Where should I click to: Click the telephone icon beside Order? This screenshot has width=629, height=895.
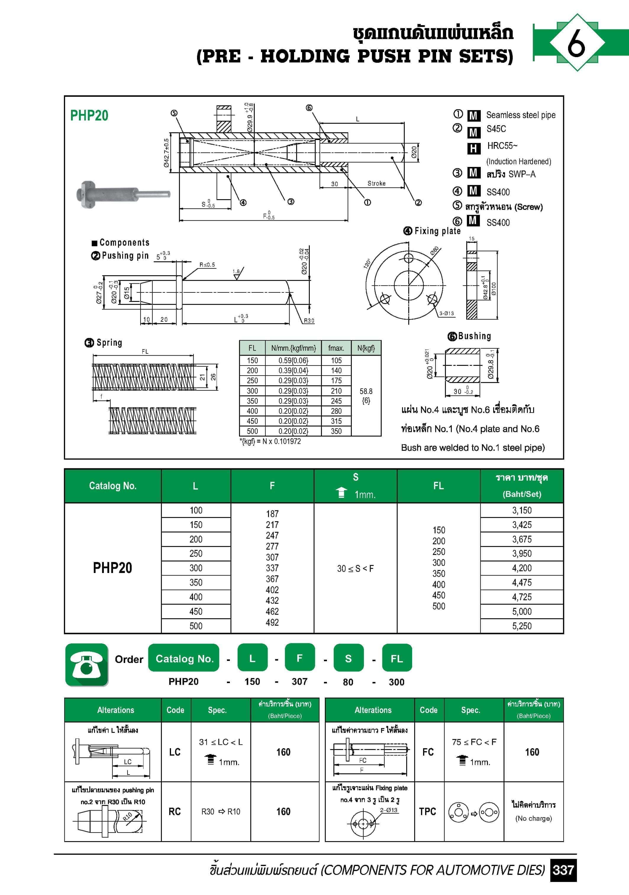pyautogui.click(x=86, y=665)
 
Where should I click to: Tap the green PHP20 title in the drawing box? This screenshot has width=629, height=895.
pyautogui.click(x=89, y=116)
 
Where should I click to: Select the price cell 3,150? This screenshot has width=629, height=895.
pyautogui.click(x=521, y=510)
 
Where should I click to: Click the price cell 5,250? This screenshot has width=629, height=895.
pyautogui.click(x=521, y=626)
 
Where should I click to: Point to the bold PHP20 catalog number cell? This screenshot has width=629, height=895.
pyautogui.click(x=112, y=568)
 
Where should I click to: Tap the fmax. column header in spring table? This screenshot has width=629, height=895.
pyautogui.click(x=336, y=348)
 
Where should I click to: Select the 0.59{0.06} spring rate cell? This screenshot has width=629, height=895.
pyautogui.click(x=293, y=360)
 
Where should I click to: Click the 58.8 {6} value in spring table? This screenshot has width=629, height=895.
pyautogui.click(x=366, y=396)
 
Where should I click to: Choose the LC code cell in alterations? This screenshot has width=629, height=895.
pyautogui.click(x=175, y=752)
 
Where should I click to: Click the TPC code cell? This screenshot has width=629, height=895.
pyautogui.click(x=428, y=811)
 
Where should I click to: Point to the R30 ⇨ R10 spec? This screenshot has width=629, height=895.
pyautogui.click(x=221, y=812)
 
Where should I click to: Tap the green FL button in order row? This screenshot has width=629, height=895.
pyautogui.click(x=397, y=659)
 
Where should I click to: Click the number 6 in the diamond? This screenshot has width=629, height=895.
pyautogui.click(x=576, y=43)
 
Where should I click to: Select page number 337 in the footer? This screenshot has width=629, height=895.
pyautogui.click(x=563, y=870)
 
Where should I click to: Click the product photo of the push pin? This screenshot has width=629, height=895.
pyautogui.click(x=123, y=194)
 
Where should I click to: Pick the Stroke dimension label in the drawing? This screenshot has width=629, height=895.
pyautogui.click(x=376, y=183)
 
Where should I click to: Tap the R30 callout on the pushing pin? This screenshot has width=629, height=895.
pyautogui.click(x=309, y=321)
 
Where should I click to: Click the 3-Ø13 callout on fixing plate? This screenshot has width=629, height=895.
pyautogui.click(x=446, y=313)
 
